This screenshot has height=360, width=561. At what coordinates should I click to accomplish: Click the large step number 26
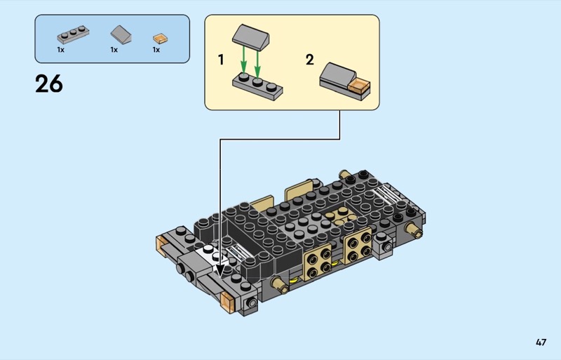pyautogui.click(x=49, y=84)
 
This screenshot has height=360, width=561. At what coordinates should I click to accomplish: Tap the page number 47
pyautogui.click(x=541, y=342)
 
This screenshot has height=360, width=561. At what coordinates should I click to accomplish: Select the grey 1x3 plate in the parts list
pyautogui.click(x=73, y=34)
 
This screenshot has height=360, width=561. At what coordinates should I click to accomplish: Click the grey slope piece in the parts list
pyautogui.click(x=121, y=35)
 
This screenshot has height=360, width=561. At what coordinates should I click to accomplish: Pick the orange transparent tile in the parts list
pyautogui.click(x=161, y=39)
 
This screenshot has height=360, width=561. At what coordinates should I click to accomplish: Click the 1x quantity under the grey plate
pyautogui.click(x=61, y=50)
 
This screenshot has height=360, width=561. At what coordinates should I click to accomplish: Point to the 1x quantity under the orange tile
pyautogui.click(x=156, y=50)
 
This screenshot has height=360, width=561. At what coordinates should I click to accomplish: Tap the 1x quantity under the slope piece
pyautogui.click(x=114, y=50)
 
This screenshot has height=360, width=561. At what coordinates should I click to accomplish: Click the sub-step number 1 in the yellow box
pyautogui.click(x=221, y=60)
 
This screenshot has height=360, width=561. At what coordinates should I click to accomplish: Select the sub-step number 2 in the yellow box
pyautogui.click(x=310, y=60)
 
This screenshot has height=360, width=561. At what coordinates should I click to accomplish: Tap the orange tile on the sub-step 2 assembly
pyautogui.click(x=360, y=86)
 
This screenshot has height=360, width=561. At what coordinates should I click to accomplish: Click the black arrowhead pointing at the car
pyautogui.click(x=220, y=270)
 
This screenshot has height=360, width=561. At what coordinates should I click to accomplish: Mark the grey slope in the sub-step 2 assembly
pyautogui.click(x=337, y=74)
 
